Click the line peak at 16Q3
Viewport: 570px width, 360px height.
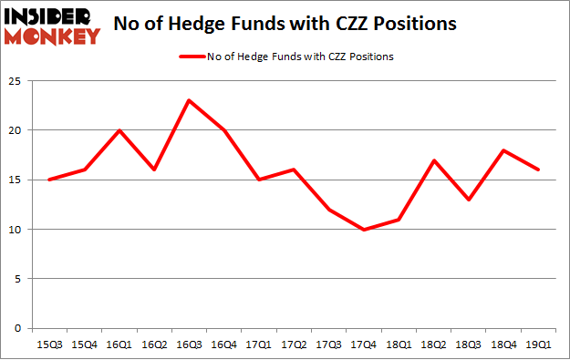(x=189, y=100)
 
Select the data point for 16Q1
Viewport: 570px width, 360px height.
(x=119, y=129)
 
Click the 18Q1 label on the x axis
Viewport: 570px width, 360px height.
(x=399, y=345)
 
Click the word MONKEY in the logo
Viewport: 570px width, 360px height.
(x=53, y=36)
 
